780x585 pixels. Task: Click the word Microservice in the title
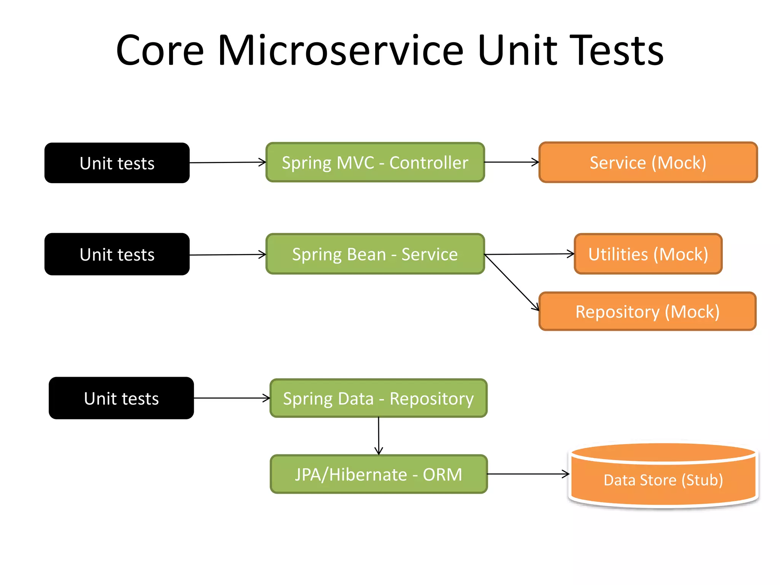(x=340, y=51)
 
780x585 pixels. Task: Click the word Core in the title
(x=160, y=51)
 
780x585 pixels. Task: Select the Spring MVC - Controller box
(x=375, y=163)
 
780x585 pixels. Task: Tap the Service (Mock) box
(x=648, y=163)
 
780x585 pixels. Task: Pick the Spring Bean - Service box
(x=375, y=254)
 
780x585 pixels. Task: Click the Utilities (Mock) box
(x=648, y=254)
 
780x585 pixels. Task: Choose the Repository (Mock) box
(x=647, y=312)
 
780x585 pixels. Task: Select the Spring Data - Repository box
(x=378, y=398)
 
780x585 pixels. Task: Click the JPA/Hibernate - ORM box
(x=378, y=475)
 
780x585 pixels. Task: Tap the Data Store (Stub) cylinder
(x=663, y=480)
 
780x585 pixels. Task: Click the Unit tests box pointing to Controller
(x=117, y=163)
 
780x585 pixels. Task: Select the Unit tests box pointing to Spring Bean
(x=117, y=254)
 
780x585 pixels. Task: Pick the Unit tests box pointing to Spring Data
(x=121, y=398)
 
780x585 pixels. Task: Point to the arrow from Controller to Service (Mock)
(x=511, y=162)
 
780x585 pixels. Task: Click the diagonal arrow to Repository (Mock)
(x=511, y=282)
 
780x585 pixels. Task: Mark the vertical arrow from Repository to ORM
(x=379, y=436)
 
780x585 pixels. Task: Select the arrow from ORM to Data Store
(x=528, y=474)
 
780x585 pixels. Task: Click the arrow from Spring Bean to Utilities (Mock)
(x=529, y=254)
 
